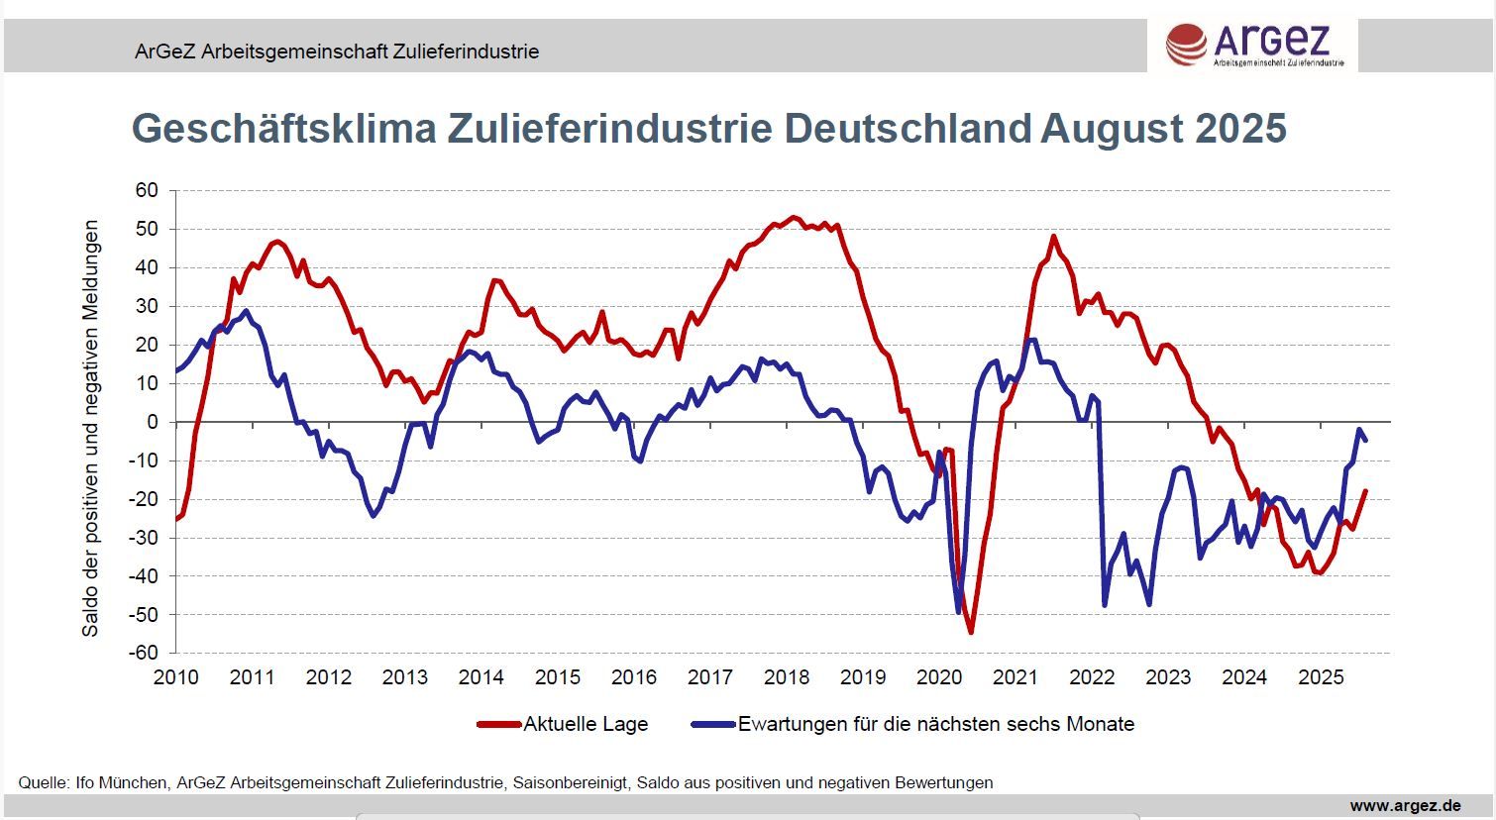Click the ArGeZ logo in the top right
(x=1253, y=46)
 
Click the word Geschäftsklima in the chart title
(x=283, y=129)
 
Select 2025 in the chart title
(x=1240, y=129)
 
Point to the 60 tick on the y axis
(x=147, y=190)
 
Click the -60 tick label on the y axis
(x=143, y=653)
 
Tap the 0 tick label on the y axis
(x=153, y=422)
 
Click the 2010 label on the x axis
(x=176, y=677)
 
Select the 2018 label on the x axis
(x=787, y=677)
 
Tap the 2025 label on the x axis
(x=1321, y=677)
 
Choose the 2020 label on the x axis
(x=939, y=677)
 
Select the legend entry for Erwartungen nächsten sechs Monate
(x=935, y=724)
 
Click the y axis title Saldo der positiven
(x=90, y=428)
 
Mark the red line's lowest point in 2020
(x=971, y=632)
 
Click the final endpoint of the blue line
(x=1366, y=441)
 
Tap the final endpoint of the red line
(x=1365, y=490)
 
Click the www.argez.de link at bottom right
(x=1405, y=806)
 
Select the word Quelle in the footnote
(x=42, y=782)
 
